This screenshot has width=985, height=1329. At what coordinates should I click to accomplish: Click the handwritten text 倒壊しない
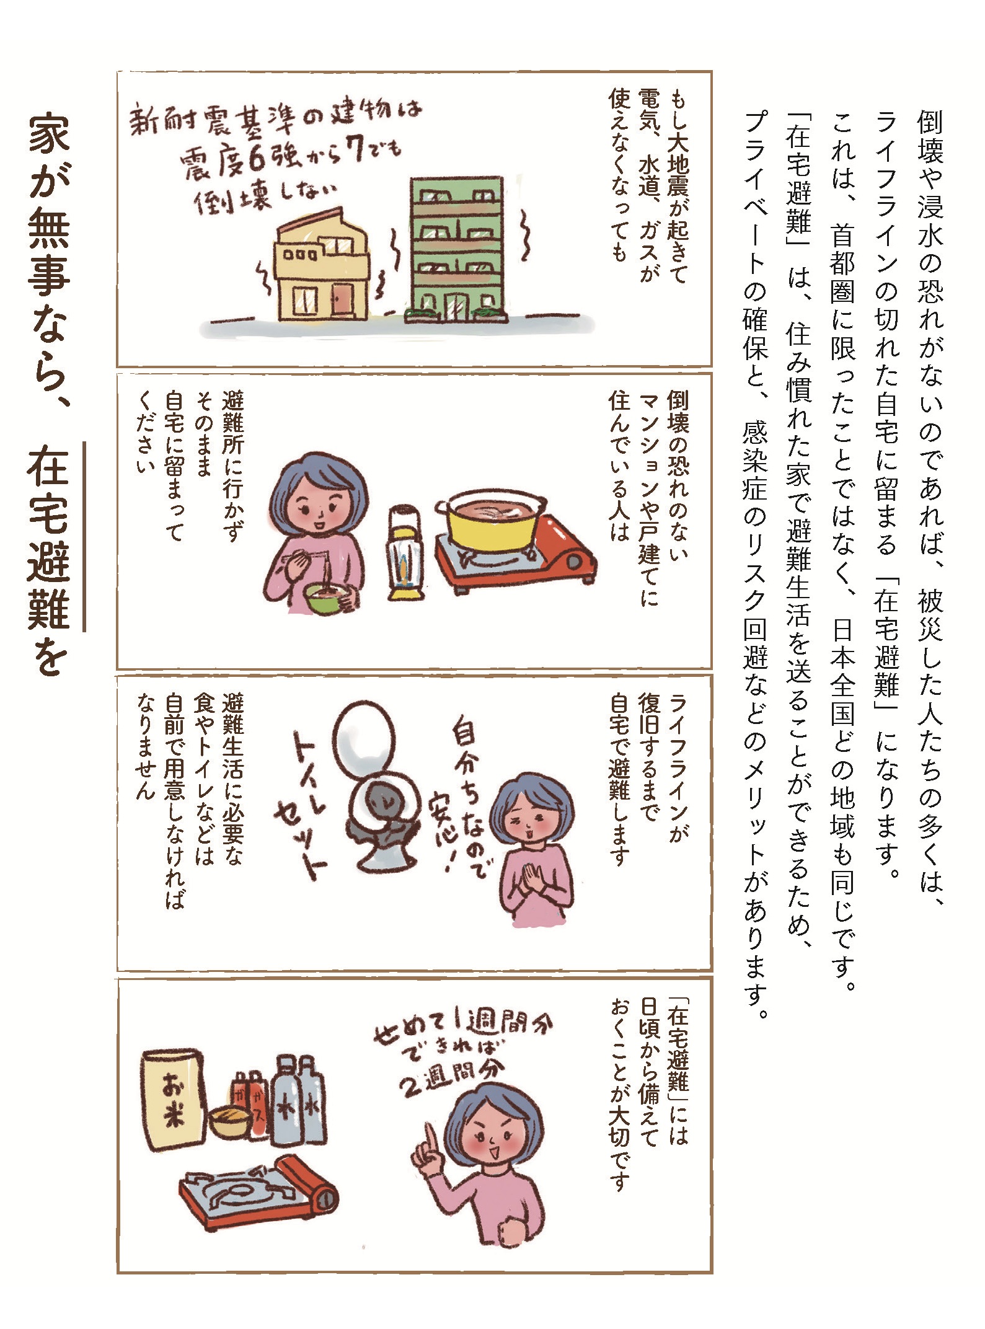[268, 198]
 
